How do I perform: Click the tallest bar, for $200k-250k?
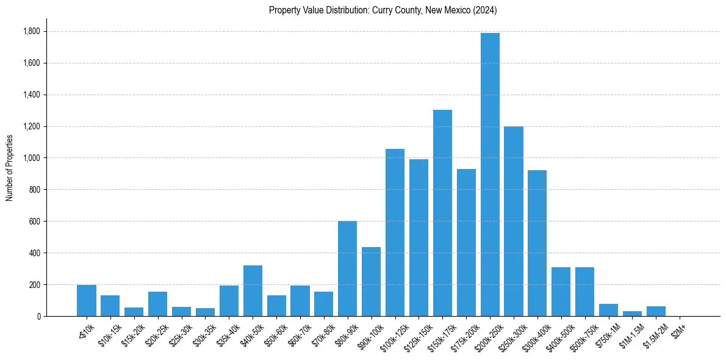(490, 175)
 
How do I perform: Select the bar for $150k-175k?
(442, 213)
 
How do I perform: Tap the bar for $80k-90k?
(347, 268)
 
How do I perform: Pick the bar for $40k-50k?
(253, 290)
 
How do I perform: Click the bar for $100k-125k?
(395, 232)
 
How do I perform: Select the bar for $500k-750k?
(584, 292)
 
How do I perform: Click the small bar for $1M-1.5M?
(632, 314)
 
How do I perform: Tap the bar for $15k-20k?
(134, 312)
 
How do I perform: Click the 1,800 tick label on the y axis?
(32, 31)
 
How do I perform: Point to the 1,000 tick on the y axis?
(32, 158)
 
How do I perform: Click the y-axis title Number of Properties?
(9, 167)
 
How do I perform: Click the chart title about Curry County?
(383, 10)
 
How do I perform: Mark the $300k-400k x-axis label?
(533, 334)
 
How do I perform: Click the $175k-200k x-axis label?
(462, 334)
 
